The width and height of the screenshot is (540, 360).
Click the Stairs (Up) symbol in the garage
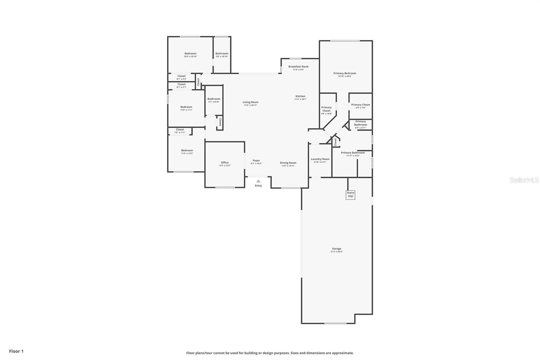point(350,195)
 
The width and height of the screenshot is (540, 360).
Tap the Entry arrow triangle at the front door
point(258,181)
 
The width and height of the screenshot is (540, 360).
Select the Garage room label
point(336,249)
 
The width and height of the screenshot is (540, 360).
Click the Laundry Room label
point(320,159)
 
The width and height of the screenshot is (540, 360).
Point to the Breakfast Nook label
point(298,67)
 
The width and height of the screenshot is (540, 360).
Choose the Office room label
point(224,162)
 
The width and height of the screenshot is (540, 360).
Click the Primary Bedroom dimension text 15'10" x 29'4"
point(345,76)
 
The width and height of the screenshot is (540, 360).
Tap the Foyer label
point(256,160)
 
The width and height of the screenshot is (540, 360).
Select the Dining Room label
point(288,163)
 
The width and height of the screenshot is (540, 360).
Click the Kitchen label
point(300,96)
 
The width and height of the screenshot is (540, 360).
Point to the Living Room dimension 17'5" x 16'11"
point(250,105)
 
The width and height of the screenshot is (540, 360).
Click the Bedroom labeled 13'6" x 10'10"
point(190,54)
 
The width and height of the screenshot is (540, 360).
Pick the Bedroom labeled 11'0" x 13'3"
point(187,151)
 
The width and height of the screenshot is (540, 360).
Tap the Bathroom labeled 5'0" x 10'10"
point(222,54)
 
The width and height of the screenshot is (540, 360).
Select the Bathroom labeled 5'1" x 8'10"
point(214,99)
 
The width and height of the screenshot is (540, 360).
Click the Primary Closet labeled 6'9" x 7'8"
point(360,105)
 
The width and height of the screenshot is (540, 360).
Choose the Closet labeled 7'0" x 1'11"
point(180,130)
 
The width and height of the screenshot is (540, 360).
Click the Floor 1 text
point(16,351)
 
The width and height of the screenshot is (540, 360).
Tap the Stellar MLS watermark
point(524,180)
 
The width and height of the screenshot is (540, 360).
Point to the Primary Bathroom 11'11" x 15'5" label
point(353,153)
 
